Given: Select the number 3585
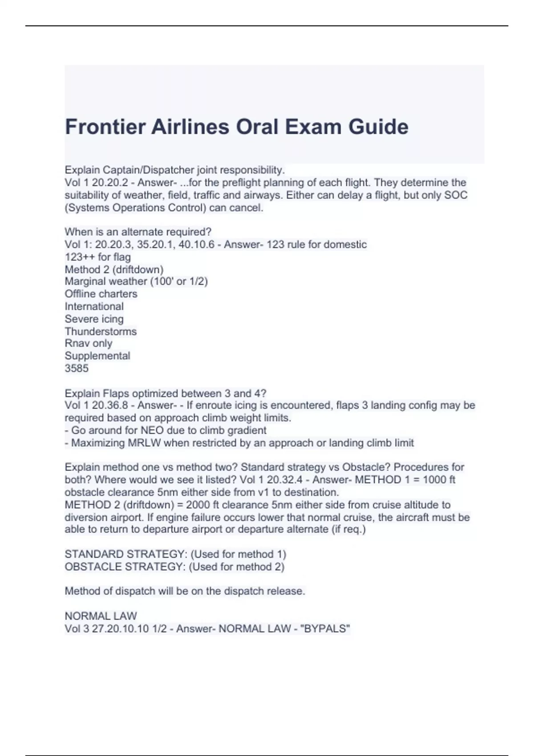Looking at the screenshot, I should pyautogui.click(x=77, y=368).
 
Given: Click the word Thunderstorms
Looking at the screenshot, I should pyautogui.click(x=101, y=331).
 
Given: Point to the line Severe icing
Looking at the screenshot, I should pyautogui.click(x=94, y=319).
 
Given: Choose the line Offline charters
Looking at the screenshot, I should pyautogui.click(x=101, y=294).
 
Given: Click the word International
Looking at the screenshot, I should pyautogui.click(x=94, y=306).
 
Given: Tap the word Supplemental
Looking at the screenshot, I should pyautogui.click(x=97, y=356).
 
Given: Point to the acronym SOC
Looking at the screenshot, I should pyautogui.click(x=456, y=195).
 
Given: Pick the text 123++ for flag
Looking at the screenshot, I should pyautogui.click(x=97, y=257).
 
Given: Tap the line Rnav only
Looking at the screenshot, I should pyautogui.click(x=88, y=343).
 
